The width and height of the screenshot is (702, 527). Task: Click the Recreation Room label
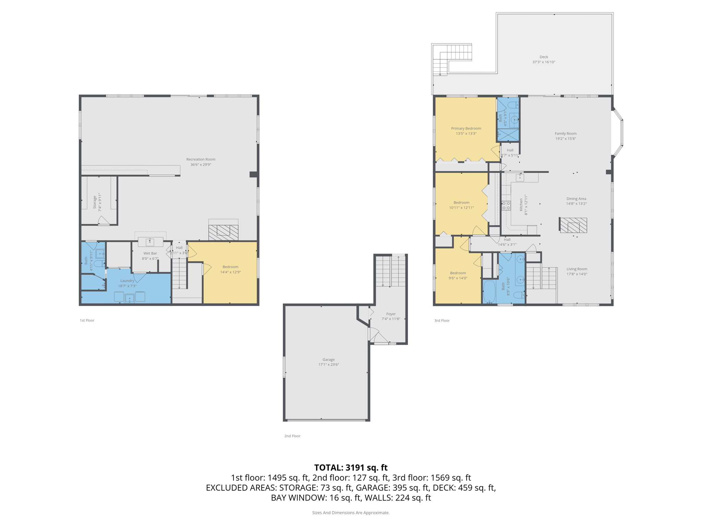click(x=201, y=159)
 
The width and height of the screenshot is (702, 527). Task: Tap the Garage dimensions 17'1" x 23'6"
click(x=328, y=364)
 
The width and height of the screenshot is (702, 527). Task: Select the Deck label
click(x=544, y=57)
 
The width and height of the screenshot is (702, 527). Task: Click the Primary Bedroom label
click(x=466, y=128)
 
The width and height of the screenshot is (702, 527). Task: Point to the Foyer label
click(x=391, y=314)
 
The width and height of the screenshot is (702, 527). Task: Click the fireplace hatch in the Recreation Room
click(x=223, y=232)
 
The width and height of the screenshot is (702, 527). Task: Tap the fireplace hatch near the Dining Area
click(x=573, y=225)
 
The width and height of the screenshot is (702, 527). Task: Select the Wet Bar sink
click(x=150, y=242)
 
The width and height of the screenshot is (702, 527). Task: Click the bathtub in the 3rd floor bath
click(x=489, y=292)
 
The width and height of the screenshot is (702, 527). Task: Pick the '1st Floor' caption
click(x=87, y=320)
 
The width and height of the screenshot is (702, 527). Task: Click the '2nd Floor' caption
click(x=292, y=436)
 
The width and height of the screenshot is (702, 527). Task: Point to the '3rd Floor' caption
click(x=442, y=320)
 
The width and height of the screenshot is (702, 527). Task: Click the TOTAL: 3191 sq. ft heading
click(x=351, y=468)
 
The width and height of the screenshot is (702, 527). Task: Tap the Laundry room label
click(x=127, y=281)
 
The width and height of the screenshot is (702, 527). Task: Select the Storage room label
click(x=95, y=202)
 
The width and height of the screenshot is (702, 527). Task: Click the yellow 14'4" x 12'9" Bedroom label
click(x=230, y=267)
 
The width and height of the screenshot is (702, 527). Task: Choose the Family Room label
click(x=566, y=133)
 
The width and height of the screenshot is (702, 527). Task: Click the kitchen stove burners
click(x=506, y=206)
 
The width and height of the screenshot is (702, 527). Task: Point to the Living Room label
click(x=577, y=269)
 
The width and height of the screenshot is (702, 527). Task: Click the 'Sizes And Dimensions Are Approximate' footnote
click(x=351, y=513)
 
